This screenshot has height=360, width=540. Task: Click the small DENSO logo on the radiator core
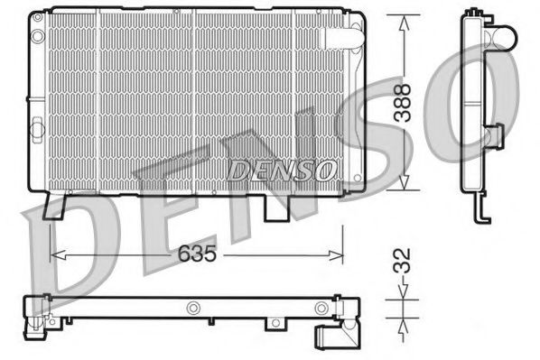282,168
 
